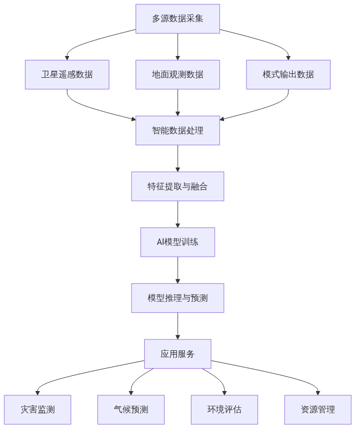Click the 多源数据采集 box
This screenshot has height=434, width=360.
178,18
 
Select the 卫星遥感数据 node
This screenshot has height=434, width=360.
67,75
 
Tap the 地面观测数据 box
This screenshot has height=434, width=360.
178,75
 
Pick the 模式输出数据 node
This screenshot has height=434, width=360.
288,75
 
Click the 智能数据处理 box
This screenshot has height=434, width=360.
178,131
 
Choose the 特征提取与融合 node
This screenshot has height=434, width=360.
178,187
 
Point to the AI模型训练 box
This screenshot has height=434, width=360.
178,243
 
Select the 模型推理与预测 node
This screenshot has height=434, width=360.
178,298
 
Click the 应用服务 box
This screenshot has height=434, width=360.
178,354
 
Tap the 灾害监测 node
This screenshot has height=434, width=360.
38,410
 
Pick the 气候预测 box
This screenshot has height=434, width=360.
131,410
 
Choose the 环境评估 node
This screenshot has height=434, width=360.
225,410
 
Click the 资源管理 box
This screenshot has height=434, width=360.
318,410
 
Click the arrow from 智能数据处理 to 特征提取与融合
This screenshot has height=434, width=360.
178,158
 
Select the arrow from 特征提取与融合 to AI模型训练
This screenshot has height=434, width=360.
178,214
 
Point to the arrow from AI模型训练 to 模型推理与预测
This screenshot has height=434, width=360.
178,270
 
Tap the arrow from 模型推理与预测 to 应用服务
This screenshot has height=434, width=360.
178,326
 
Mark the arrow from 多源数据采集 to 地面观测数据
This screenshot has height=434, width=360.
178,46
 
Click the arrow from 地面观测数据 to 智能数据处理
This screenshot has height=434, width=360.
178,102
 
